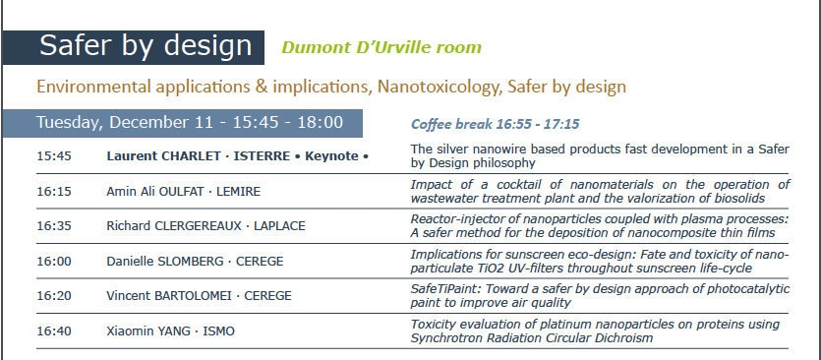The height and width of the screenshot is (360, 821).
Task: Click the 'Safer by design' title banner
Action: [133, 47]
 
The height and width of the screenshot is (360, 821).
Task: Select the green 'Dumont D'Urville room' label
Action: [381, 47]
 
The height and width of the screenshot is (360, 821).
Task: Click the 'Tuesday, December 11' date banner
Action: [182, 123]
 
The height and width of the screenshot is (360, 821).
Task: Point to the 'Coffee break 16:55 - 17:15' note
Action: [495, 124]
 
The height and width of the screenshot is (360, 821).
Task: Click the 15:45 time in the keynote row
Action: [54, 156]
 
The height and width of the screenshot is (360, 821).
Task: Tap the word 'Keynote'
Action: [331, 156]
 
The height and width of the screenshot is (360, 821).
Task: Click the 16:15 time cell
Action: [54, 191]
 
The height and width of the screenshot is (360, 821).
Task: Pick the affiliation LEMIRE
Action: [238, 191]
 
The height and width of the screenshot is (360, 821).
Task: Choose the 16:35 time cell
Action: [54, 226]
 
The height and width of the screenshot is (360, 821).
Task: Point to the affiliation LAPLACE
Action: [279, 226]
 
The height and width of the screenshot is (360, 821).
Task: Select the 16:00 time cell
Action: [54, 261]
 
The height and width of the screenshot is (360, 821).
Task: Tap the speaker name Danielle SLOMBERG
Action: [165, 261]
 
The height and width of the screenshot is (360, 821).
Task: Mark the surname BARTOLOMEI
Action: [193, 295]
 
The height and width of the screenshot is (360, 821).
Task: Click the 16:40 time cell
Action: [54, 331]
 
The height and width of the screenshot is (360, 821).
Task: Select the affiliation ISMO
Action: [219, 331]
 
